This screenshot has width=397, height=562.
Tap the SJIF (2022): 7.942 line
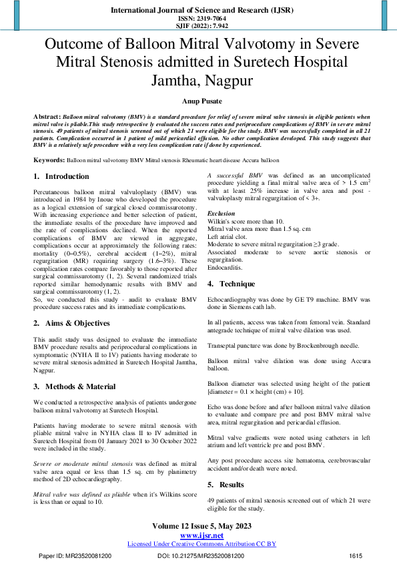[x=198, y=26]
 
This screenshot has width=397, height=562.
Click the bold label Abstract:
[x=47, y=116]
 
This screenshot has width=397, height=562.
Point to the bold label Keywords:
[x=49, y=162]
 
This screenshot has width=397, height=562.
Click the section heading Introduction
[x=67, y=176]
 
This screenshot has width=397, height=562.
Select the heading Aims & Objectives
[x=77, y=323]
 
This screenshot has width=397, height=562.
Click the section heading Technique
[x=237, y=284]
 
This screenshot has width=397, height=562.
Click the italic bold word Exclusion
[x=222, y=214]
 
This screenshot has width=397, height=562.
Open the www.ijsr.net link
[x=202, y=535]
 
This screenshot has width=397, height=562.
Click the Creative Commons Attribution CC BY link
[x=202, y=544]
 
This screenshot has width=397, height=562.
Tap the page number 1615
[x=356, y=555]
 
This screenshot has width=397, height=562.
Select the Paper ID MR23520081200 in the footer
[x=75, y=555]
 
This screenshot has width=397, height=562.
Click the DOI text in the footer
[x=201, y=555]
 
